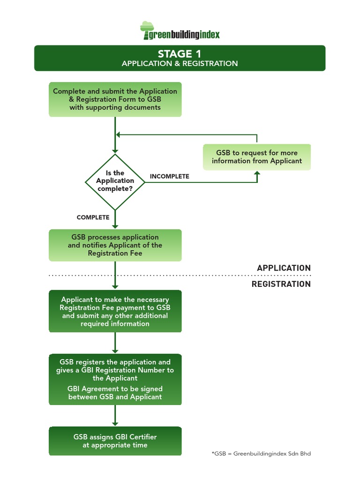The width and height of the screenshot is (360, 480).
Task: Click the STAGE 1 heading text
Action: [x=180, y=53]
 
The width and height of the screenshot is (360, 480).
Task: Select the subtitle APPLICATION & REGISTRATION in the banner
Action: [x=180, y=63]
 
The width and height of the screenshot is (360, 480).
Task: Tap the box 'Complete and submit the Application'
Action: [x=115, y=99]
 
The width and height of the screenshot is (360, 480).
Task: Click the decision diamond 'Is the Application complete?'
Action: [x=115, y=181]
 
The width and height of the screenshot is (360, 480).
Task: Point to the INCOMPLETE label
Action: [x=169, y=176]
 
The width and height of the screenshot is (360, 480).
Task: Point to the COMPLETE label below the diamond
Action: [x=93, y=217]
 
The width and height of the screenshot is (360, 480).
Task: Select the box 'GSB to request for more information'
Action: [x=256, y=157]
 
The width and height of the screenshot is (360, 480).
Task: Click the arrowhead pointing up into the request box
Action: [x=257, y=173]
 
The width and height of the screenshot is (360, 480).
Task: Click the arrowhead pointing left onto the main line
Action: [x=119, y=135]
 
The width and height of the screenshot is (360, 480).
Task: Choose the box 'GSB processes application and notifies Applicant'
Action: [x=115, y=245]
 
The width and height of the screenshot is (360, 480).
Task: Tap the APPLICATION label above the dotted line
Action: [x=284, y=268]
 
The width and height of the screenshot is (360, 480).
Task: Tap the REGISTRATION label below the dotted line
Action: [x=281, y=284]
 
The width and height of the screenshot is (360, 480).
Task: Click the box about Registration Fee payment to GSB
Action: [x=115, y=311]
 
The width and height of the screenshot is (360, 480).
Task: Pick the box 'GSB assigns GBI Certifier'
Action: [x=115, y=441]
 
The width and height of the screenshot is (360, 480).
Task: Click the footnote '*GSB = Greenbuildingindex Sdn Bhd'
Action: [x=261, y=453]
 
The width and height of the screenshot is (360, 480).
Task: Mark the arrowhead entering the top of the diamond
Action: [x=115, y=151]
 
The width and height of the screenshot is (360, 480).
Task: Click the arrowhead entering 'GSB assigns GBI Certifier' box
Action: [x=115, y=423]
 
